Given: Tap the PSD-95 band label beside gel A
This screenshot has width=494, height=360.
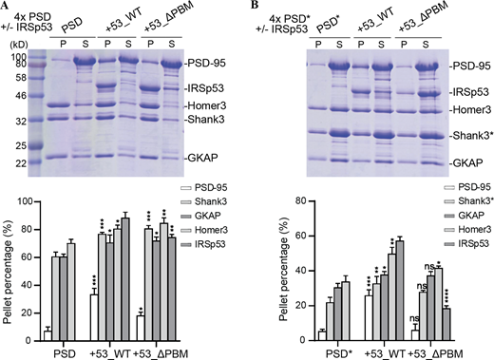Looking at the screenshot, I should point(220,61).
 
